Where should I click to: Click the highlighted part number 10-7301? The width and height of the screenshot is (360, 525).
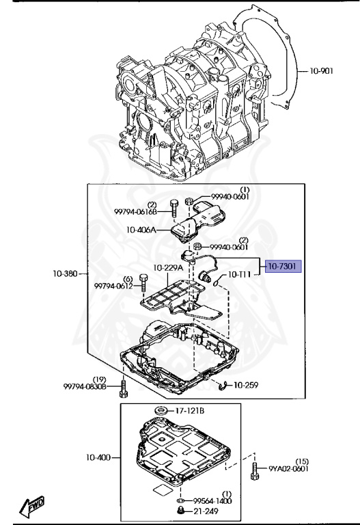283,267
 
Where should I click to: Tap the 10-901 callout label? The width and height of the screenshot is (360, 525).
321,71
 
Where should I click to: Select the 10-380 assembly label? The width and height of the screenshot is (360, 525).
66,273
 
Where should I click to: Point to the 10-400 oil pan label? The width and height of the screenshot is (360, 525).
98,457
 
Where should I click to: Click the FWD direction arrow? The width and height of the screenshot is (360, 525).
31,506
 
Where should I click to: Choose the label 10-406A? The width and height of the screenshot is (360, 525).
141,230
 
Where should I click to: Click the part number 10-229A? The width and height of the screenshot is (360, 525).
168,268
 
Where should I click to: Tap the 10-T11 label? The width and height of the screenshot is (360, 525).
239,275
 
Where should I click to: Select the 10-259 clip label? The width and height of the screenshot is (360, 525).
246,385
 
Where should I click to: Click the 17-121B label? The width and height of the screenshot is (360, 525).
190,410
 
